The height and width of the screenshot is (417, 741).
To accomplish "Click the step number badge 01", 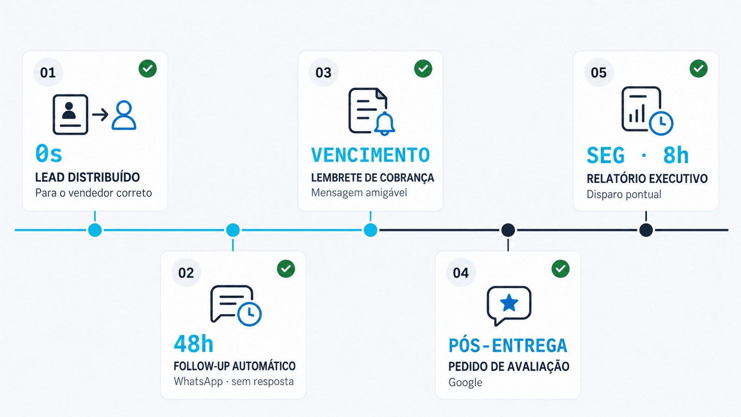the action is [48, 72].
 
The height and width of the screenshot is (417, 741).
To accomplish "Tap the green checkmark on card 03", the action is [423, 69].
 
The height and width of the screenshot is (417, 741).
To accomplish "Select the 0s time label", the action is [49, 154].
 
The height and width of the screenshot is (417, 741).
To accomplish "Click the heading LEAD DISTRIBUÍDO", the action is [88, 177].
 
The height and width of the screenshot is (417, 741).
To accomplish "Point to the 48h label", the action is [194, 343].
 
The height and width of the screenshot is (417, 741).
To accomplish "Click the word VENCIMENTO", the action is [370, 155].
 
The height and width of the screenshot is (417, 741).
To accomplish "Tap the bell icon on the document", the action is [384, 123].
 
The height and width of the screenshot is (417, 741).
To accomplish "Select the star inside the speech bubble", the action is [509, 303].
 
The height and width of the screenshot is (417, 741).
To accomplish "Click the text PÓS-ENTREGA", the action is [508, 345].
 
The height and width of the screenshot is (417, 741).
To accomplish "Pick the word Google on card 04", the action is [465, 383].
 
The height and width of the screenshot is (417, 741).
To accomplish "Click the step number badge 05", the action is [599, 72].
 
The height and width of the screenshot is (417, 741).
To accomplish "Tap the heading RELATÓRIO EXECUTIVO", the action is [647, 178].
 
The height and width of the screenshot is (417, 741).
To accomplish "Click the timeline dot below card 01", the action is [95, 230].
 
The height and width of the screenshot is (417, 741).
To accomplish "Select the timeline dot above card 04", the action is [508, 230].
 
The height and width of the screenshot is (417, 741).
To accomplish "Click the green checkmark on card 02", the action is [286, 269].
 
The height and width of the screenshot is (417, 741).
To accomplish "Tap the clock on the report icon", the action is [661, 123].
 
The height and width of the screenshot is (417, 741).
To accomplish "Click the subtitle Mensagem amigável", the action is [359, 193].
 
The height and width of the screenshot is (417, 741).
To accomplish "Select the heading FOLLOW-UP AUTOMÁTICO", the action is [234, 366].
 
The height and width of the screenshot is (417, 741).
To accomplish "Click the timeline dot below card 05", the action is [646, 230].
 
